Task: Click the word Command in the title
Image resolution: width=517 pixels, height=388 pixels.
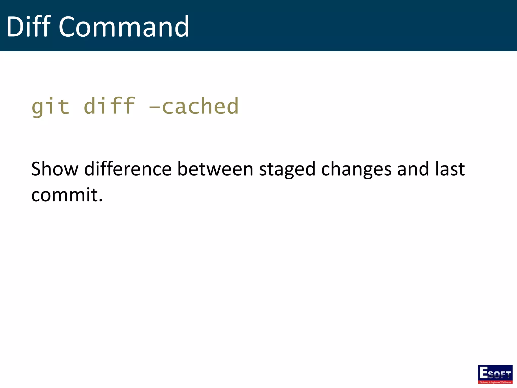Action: (124, 27)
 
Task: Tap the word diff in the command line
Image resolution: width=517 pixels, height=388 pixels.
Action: (109, 106)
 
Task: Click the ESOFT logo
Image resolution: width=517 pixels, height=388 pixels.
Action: (495, 374)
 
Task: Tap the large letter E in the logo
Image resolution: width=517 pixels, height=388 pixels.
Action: (483, 372)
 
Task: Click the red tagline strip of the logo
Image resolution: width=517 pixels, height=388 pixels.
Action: (495, 382)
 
